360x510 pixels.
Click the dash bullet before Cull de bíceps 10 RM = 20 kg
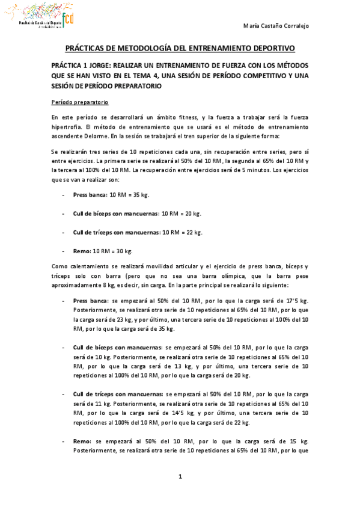(64, 214)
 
